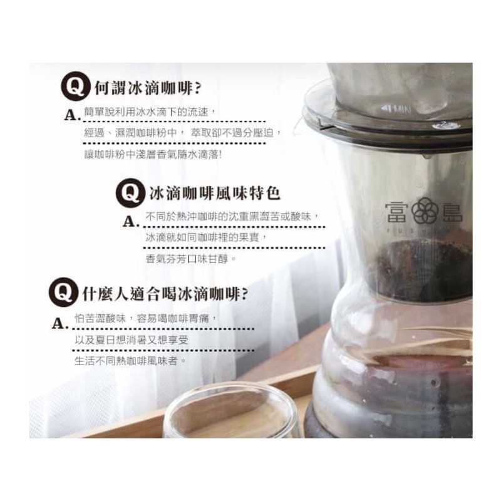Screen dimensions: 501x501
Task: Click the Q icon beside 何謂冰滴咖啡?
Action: point(76,86)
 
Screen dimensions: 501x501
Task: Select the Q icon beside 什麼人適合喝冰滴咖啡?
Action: point(64,292)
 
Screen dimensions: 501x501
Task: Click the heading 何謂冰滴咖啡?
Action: point(148,88)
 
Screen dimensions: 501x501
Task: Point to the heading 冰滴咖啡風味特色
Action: point(215,194)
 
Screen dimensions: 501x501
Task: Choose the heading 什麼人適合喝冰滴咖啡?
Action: point(165,294)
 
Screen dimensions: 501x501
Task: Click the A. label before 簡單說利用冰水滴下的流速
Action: point(72,115)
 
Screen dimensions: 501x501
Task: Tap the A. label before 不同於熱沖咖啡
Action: point(132,221)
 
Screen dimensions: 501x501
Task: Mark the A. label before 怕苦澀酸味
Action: point(60,323)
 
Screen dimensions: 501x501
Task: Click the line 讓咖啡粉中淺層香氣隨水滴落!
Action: point(153,155)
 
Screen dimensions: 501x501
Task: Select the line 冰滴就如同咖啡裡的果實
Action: point(206,237)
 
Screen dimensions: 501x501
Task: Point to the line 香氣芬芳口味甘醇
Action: point(191,259)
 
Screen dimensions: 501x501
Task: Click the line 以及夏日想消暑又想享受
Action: point(132,339)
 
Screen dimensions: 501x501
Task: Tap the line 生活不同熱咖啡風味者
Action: point(130,361)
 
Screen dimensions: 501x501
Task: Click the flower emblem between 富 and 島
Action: point(424,210)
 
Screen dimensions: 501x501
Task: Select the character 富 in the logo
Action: point(397,212)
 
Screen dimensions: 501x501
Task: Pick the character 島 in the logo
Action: point(452,212)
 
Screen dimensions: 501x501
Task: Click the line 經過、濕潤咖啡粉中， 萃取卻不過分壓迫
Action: point(183,133)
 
